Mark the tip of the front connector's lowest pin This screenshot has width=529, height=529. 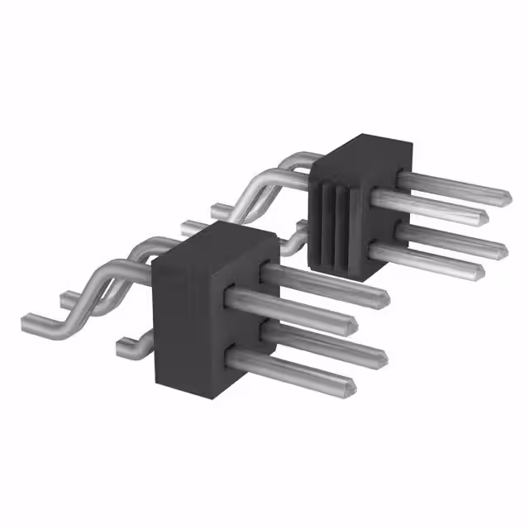pos(351,385)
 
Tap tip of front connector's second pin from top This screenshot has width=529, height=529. pos(354,322)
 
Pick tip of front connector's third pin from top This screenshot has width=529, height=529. pos(382,357)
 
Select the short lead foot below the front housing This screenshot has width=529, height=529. pos(128,346)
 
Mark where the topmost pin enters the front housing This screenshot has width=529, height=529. pos(266,270)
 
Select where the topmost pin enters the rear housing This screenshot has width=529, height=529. pos(401,176)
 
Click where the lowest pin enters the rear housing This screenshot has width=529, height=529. pos(376,247)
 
